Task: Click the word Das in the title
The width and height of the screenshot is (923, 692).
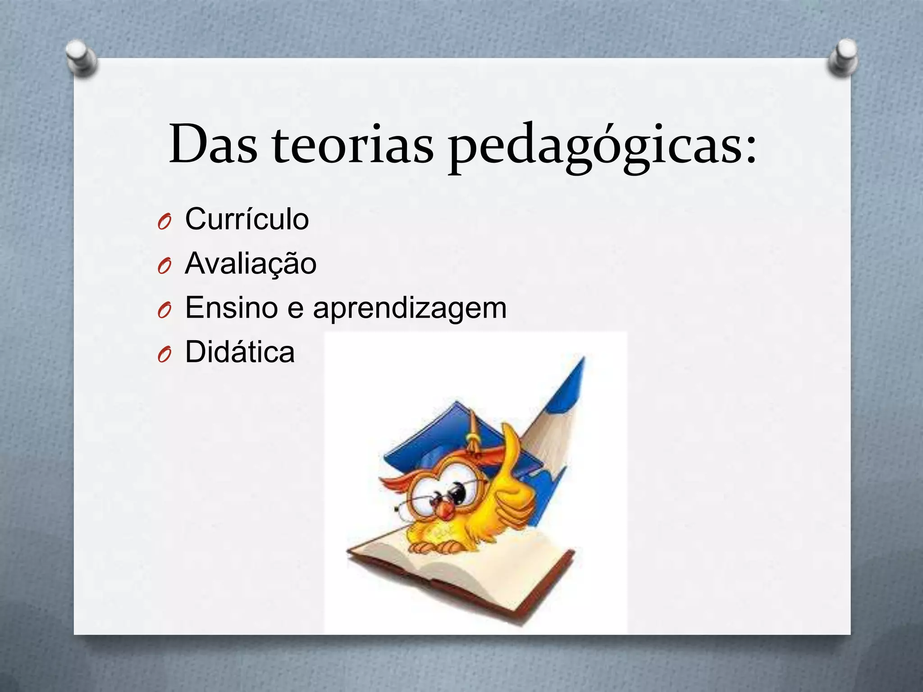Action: [x=213, y=144]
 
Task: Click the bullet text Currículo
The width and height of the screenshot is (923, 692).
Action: [x=247, y=219]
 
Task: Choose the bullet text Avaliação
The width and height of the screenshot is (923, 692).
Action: [x=251, y=264]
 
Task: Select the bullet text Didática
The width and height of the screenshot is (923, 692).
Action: [x=240, y=352]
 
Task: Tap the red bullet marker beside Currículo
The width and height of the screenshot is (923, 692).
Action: [x=164, y=222]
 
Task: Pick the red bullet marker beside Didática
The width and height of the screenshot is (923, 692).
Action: [x=164, y=355]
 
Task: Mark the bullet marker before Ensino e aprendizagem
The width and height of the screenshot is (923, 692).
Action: [x=164, y=310]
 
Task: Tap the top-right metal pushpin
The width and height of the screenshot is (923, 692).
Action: [x=843, y=57]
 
